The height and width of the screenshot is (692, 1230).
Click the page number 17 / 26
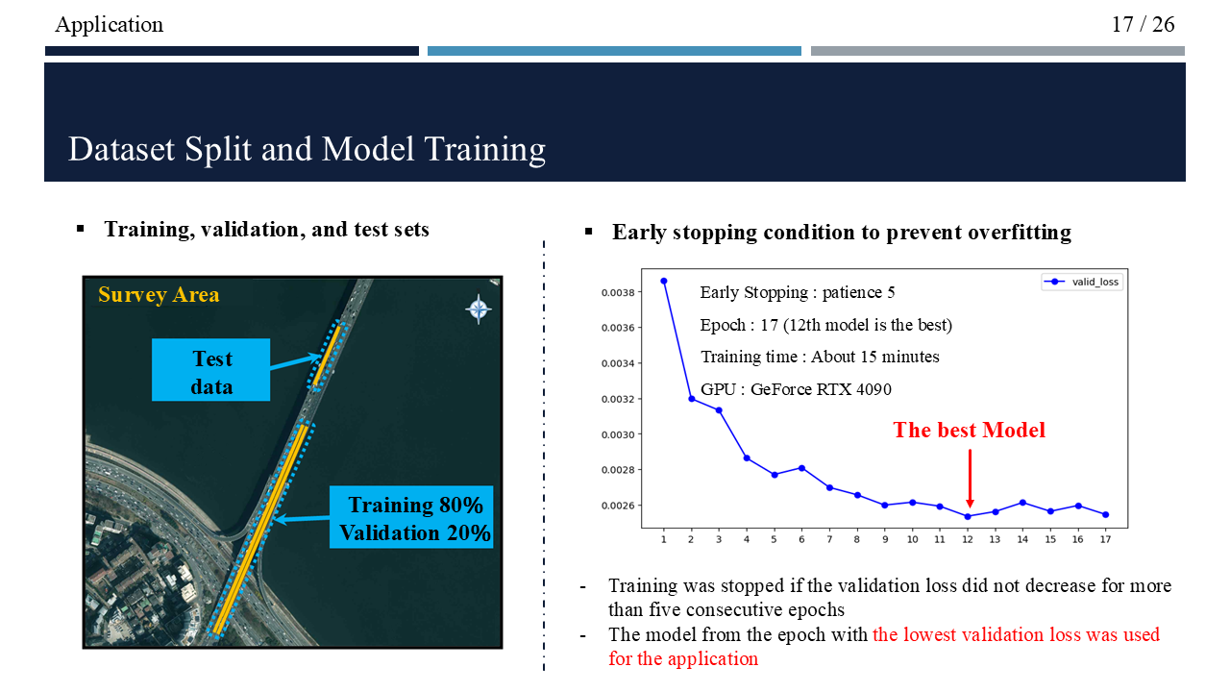click(x=1143, y=25)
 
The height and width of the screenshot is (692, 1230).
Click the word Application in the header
click(x=110, y=25)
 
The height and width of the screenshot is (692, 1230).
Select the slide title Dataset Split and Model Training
click(x=307, y=149)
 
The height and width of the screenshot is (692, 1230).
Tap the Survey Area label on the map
click(x=159, y=295)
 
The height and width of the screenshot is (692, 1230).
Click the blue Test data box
click(x=210, y=370)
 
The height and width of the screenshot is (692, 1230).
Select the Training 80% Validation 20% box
click(x=411, y=517)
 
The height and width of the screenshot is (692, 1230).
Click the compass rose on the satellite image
click(x=479, y=309)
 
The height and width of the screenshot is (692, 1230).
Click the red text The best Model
click(x=970, y=430)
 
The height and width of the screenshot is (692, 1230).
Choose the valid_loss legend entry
click(x=1082, y=282)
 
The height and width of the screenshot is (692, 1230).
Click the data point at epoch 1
click(x=664, y=282)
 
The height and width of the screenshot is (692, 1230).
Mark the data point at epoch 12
click(x=968, y=517)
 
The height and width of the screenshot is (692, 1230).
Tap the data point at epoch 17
click(x=1106, y=514)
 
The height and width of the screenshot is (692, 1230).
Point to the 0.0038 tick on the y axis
click(x=618, y=293)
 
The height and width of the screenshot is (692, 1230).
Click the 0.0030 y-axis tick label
click(x=618, y=435)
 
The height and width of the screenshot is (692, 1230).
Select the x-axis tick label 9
click(x=885, y=540)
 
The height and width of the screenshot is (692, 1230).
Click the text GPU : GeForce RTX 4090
click(x=796, y=389)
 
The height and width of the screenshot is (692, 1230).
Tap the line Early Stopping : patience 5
click(x=798, y=293)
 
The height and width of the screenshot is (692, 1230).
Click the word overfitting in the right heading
click(x=1020, y=233)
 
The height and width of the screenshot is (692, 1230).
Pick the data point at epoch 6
click(x=801, y=468)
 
